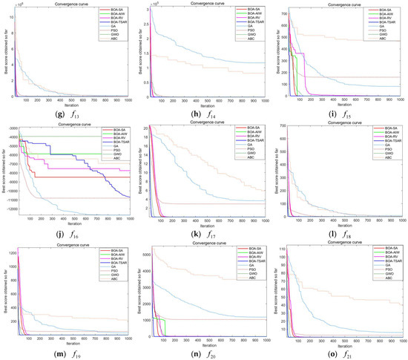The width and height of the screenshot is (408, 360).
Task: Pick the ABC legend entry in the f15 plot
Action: (x=385, y=36)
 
